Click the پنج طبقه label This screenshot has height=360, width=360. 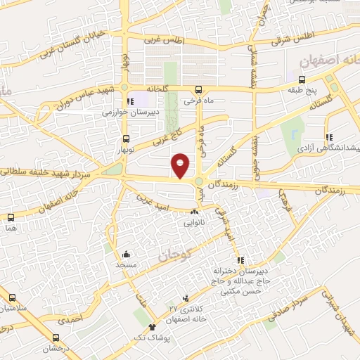pyautogui.click(x=307, y=90)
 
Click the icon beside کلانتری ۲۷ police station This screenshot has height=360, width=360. pyautogui.click(x=185, y=297)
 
